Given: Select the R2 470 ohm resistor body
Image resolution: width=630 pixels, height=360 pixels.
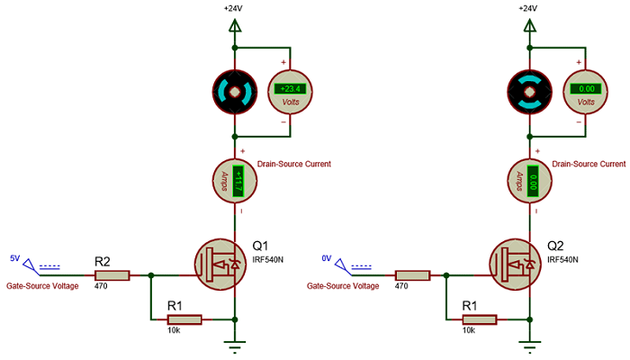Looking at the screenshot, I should (x=112, y=275).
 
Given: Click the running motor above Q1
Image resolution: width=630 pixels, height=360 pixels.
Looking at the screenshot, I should (x=235, y=92).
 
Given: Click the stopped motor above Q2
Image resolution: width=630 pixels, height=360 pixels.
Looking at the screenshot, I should (x=530, y=92).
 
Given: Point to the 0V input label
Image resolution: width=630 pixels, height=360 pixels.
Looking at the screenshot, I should (x=327, y=258).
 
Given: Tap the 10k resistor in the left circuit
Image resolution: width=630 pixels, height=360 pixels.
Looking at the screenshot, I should (x=184, y=319).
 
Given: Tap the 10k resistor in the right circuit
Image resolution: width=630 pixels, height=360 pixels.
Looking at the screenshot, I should (x=480, y=319).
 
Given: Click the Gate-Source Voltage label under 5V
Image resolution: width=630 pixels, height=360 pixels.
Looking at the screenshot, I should (x=42, y=285).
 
